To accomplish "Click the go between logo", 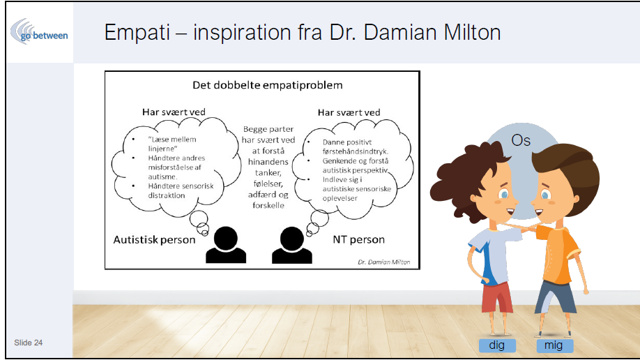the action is (x=39, y=32).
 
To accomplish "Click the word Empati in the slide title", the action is (x=137, y=32).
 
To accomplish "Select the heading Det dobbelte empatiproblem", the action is (x=267, y=85).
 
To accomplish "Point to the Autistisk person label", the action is (x=154, y=239).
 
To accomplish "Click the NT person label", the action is (x=359, y=239).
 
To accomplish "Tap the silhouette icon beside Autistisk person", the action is (x=226, y=245).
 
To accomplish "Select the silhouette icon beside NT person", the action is (x=292, y=245).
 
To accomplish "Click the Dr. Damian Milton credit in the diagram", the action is (x=383, y=262).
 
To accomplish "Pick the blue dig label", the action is (x=497, y=345).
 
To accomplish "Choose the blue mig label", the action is (x=555, y=346).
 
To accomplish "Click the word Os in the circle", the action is (x=521, y=140).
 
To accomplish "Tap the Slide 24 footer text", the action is (x=28, y=343).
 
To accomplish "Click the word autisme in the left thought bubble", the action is (x=162, y=177).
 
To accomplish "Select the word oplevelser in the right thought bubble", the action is (x=340, y=199).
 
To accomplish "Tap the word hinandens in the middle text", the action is (x=268, y=162).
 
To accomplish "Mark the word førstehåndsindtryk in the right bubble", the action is (x=355, y=151).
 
